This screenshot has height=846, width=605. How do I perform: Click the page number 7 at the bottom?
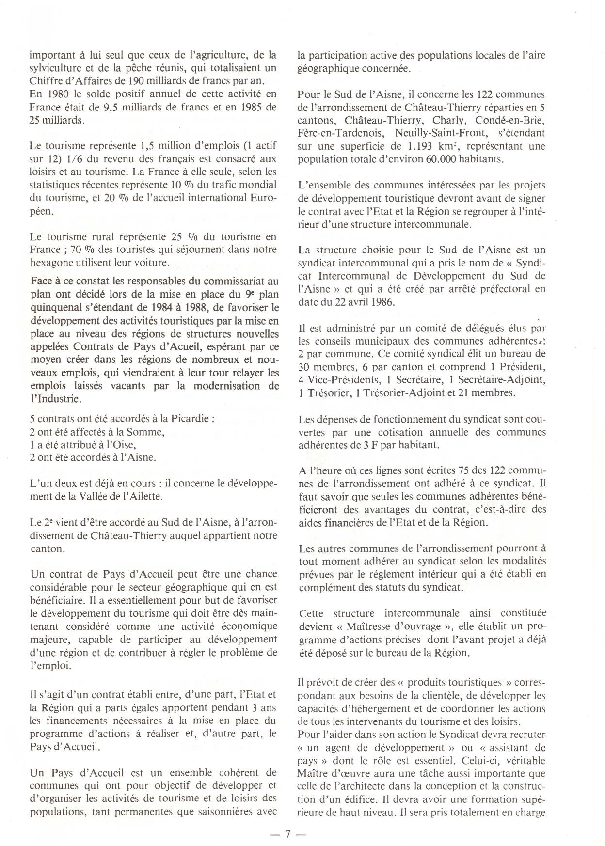pyautogui.click(x=287, y=834)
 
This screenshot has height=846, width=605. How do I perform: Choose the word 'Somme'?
pyautogui.click(x=148, y=431)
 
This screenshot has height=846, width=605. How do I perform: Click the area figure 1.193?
pyautogui.click(x=421, y=146)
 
